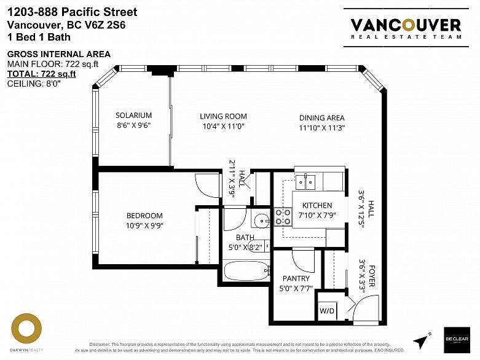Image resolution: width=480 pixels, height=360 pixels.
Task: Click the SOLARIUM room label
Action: [133, 115]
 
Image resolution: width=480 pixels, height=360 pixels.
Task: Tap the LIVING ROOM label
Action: [223, 116]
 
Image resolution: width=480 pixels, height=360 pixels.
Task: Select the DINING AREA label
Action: [321, 118]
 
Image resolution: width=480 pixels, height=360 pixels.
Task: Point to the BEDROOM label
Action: [144, 216]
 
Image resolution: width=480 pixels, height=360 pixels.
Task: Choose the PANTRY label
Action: [296, 278]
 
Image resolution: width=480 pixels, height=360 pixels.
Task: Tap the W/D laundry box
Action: [326, 310]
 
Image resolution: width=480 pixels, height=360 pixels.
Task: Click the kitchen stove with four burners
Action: [283, 216]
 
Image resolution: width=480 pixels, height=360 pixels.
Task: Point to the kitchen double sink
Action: [305, 181]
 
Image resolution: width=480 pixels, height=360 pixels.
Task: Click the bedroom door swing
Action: [207, 185]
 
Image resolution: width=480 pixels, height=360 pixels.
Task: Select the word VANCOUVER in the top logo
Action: [405, 25]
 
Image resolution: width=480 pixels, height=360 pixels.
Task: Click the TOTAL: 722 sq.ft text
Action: [41, 74]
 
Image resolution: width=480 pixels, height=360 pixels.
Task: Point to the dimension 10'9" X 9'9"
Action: [144, 225]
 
